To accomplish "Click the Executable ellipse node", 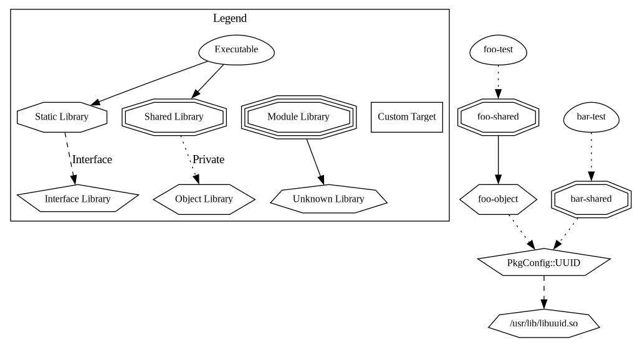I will point(236,50).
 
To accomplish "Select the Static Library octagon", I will point(62,116).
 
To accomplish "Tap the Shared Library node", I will point(174,116).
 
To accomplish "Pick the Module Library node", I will point(299,116).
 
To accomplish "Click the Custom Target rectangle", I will point(406,116).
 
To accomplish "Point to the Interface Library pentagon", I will point(77,199).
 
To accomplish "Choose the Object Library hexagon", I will point(204,199).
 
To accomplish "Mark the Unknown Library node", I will point(328,199).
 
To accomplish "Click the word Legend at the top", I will point(229,18).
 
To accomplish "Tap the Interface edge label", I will point(92,159).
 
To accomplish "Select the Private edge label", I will point(208,159).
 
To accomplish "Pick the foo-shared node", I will point(498,116).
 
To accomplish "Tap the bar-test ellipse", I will point(591,116).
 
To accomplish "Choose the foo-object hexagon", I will point(498,199).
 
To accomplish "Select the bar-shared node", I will point(591,199).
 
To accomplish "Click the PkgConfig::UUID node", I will point(543,263).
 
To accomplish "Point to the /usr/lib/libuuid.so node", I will point(543,323).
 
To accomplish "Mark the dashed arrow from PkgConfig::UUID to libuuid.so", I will point(543,293).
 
